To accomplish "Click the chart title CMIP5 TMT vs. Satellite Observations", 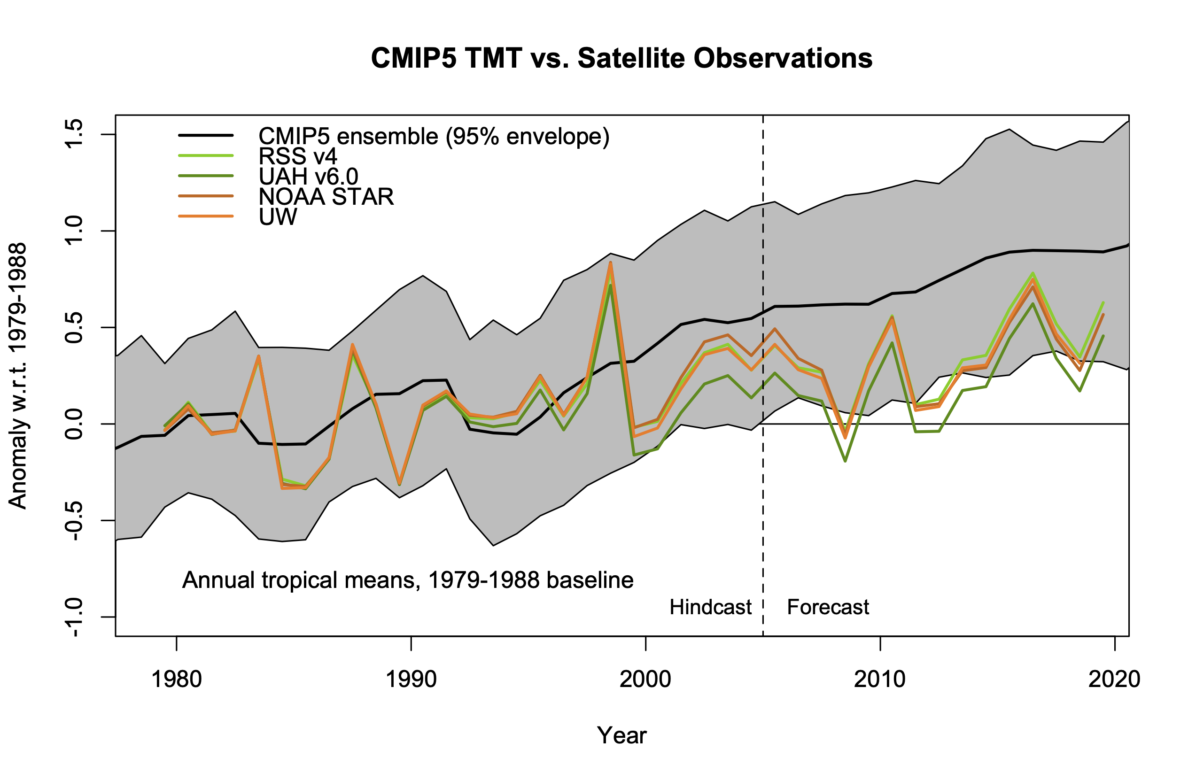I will pos(621,58).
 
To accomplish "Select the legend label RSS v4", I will pos(297,157).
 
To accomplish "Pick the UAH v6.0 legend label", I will pos(308,177).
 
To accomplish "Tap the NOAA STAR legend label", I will pos(326,197).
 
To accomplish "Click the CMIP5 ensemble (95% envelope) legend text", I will pos(433,136).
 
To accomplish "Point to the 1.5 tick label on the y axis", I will pos(74,134).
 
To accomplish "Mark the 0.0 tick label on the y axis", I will pos(74,424).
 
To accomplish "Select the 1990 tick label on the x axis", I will pos(411,680).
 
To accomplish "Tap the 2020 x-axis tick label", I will pos(1114,680).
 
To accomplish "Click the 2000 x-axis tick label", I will pos(645,680).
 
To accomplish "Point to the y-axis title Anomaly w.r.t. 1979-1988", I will pos(18,376).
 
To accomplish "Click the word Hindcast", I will pos(710,607).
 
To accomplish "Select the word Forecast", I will pos(828,607).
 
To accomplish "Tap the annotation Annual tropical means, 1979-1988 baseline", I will pos(407,580).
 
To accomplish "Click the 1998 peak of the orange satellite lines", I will pos(610,263).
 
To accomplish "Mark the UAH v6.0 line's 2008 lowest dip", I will pos(845,461).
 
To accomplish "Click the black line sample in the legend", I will pos(206,135).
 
